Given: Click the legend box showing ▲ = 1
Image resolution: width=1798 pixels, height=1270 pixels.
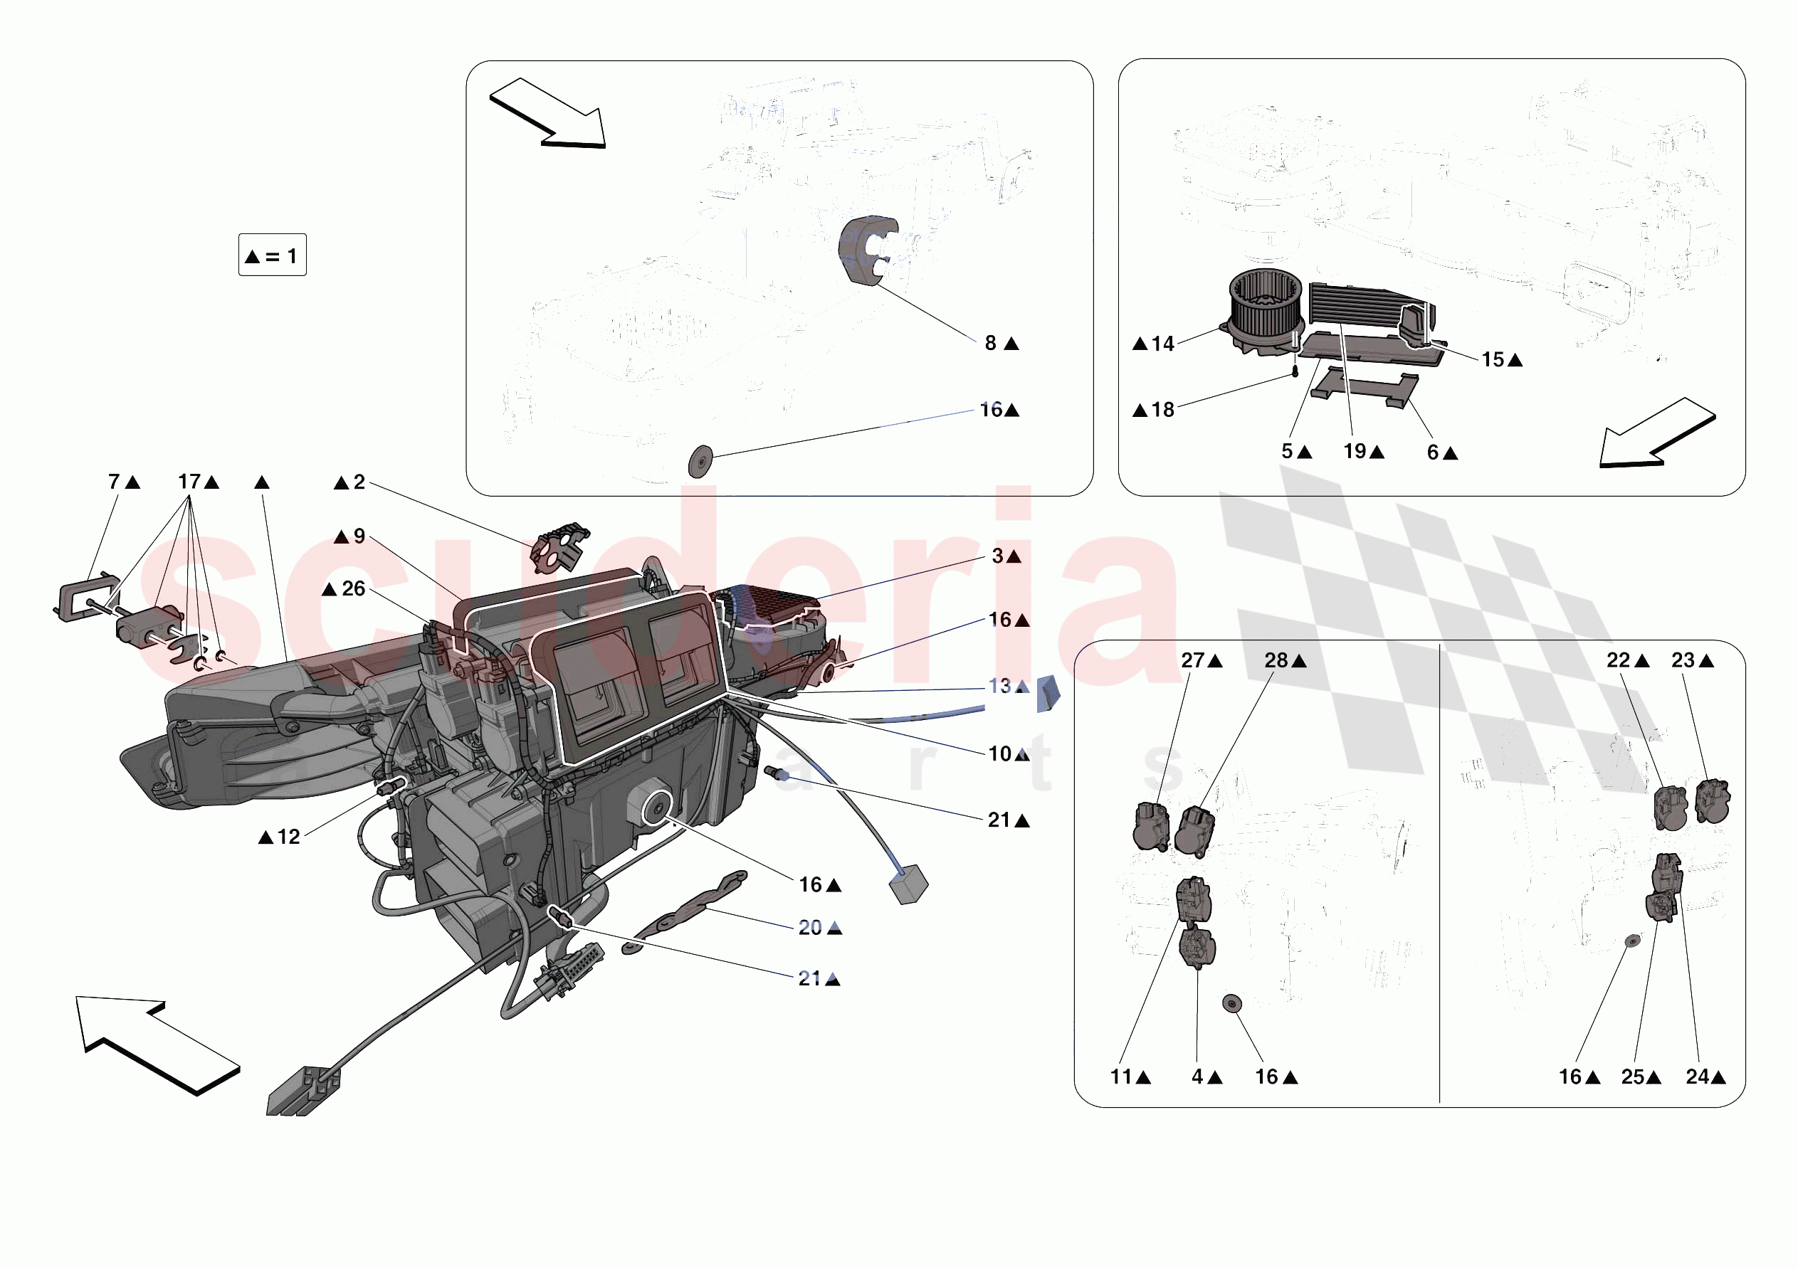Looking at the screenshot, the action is (273, 255).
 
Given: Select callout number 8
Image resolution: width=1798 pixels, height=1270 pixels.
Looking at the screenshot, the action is (991, 343).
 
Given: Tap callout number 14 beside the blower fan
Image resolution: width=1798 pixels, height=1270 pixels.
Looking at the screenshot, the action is (1163, 344).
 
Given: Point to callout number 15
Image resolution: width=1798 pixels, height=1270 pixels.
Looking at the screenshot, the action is (1493, 359).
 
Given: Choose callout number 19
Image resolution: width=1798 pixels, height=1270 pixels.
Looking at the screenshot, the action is (1355, 451).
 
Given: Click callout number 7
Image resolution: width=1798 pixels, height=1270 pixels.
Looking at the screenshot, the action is (115, 482).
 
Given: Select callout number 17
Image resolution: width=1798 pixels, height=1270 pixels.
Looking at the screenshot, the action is (189, 482).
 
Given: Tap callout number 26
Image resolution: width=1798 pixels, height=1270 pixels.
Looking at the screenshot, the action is (354, 589).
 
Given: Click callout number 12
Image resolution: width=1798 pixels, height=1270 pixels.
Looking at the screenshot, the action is (289, 837).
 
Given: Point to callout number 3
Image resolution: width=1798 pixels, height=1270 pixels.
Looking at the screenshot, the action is (998, 556).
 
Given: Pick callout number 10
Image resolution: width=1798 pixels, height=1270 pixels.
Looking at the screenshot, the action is (1000, 754).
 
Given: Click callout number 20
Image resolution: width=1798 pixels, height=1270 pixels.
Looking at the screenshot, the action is (810, 928).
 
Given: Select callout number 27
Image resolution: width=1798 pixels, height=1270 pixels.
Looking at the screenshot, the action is (1193, 660).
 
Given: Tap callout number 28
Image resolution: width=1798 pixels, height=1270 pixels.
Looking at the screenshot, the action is (1276, 660).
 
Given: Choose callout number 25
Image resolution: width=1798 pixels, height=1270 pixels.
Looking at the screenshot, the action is (1633, 1077).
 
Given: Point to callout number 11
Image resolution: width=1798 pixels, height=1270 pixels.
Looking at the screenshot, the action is (1121, 1077).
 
